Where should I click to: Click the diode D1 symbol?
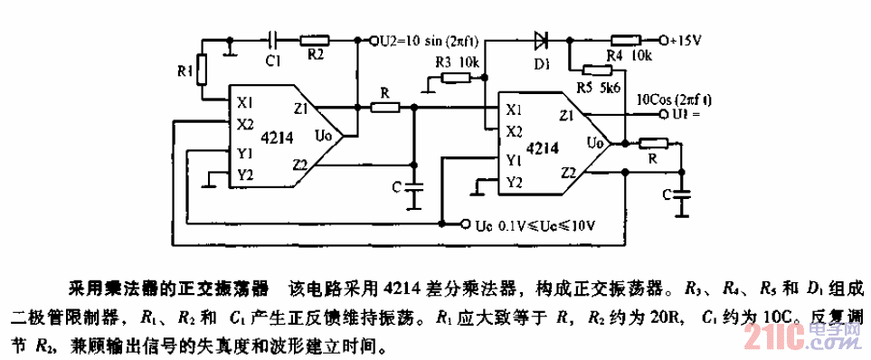tap(541, 40)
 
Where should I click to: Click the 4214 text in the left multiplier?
tap(275, 137)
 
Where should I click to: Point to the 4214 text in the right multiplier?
tap(540, 147)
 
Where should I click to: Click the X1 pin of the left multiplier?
tap(245, 100)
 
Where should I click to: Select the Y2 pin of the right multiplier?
tap(514, 181)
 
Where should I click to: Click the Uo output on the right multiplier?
tap(594, 143)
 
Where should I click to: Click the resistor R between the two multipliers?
tap(386, 107)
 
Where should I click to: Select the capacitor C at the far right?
tap(682, 194)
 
